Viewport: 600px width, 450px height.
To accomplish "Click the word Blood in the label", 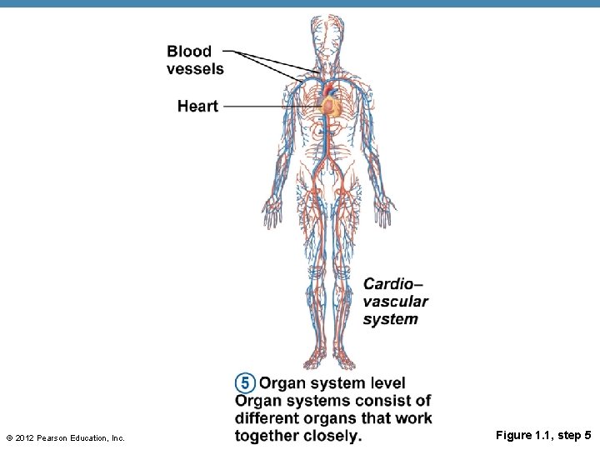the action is [189, 52].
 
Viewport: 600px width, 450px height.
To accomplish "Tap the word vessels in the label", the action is [195, 69].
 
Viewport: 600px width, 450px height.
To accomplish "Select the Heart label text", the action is [197, 106].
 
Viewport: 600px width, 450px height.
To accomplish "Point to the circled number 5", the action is [244, 383].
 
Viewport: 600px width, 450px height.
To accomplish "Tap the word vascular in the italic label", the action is [396, 302].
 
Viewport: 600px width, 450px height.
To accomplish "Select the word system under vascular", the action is [391, 319].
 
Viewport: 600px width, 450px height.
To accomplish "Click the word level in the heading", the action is [384, 383].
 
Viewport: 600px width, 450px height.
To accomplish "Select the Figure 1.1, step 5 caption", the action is [543, 435].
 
